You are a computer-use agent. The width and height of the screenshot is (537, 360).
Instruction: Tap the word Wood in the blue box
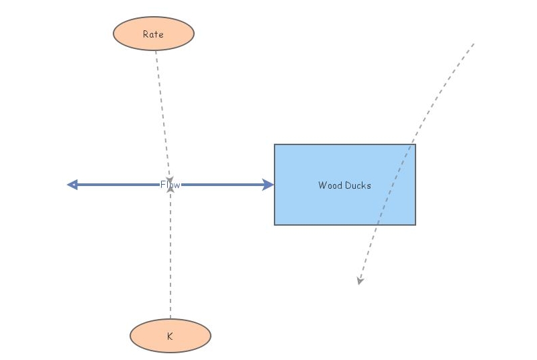click(x=330, y=185)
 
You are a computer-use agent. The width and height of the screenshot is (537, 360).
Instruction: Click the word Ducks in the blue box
click(x=358, y=185)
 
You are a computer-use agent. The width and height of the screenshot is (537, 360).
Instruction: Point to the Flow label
click(x=170, y=185)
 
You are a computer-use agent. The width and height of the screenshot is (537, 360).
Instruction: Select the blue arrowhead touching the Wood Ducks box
click(x=268, y=185)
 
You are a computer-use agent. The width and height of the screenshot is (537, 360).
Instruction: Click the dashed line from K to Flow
click(x=170, y=255)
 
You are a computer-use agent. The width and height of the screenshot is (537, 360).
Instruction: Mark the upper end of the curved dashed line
click(x=473, y=44)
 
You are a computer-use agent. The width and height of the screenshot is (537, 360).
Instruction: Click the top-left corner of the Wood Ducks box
click(x=275, y=144)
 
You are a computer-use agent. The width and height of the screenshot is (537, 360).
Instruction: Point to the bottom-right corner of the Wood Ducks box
click(x=416, y=224)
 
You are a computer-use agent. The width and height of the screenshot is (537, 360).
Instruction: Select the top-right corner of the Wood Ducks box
click(x=416, y=144)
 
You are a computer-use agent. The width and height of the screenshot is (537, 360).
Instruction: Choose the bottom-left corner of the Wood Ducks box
click(x=275, y=224)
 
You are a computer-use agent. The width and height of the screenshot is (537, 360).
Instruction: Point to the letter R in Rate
click(x=146, y=34)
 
